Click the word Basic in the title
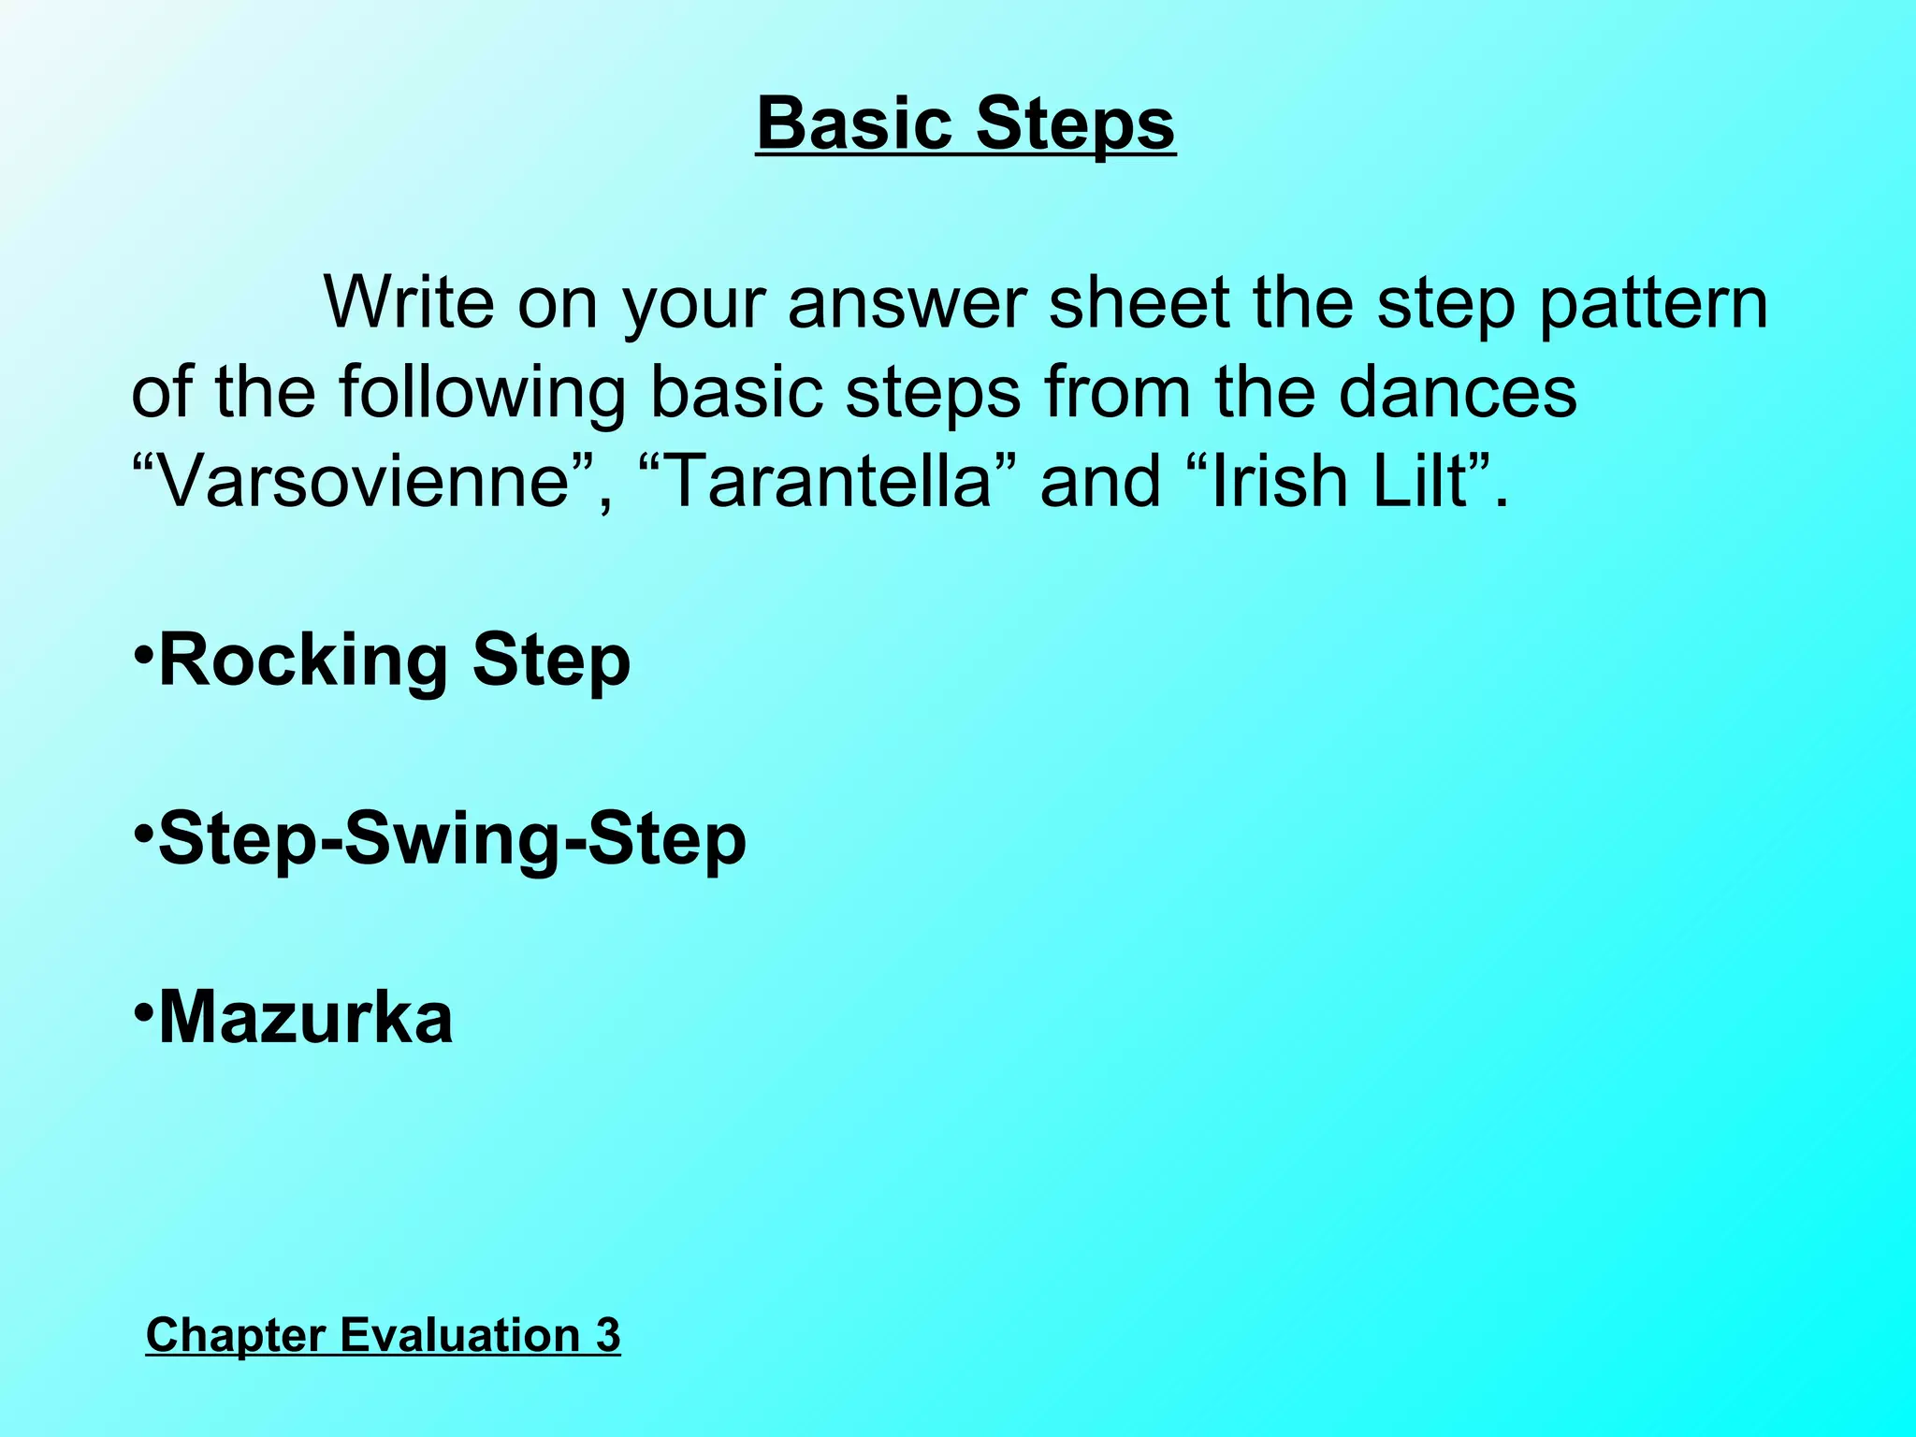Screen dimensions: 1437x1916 click(854, 123)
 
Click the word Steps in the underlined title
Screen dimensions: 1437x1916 click(1075, 125)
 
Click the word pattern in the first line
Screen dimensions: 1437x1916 click(1653, 304)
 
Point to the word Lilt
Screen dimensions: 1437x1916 click(1419, 481)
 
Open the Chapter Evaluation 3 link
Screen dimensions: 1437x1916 click(383, 1334)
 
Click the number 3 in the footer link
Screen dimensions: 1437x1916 click(607, 1334)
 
